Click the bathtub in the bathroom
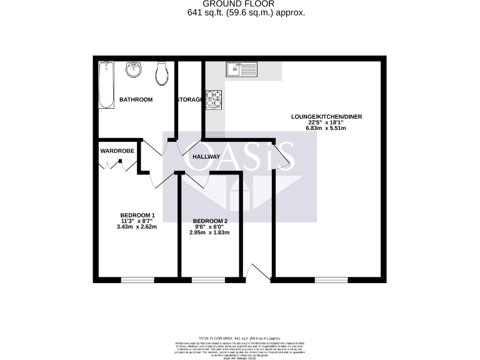tap(106, 86)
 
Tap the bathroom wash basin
tap(134, 70)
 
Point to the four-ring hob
tap(214, 99)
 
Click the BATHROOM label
tap(136, 100)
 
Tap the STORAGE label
tap(189, 100)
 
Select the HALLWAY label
tap(206, 157)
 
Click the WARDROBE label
tap(117, 151)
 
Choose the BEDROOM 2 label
tap(210, 221)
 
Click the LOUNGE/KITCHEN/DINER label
tap(326, 117)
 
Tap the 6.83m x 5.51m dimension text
tap(326, 128)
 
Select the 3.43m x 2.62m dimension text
tap(136, 227)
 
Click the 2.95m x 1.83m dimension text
tap(210, 233)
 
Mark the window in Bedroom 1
tap(137, 279)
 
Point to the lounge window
tap(331, 279)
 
